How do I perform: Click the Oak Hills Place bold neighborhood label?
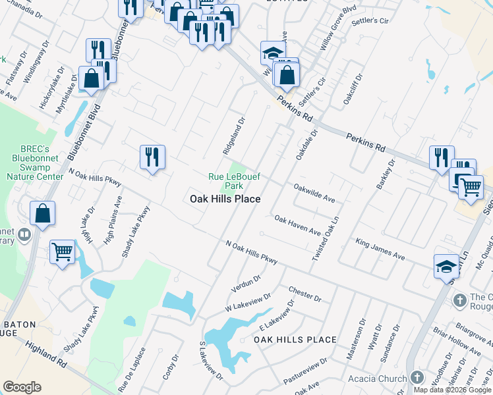pyautogui.click(x=225, y=199)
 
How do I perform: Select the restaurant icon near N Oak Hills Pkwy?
pyautogui.click(x=152, y=157)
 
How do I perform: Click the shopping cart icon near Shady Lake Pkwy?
pyautogui.click(x=63, y=251)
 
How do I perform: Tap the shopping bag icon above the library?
pyautogui.click(x=42, y=213)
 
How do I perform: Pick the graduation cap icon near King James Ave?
pyautogui.click(x=446, y=266)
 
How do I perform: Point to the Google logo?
pyautogui.click(x=22, y=387)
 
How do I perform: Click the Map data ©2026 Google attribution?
pyautogui.click(x=452, y=390)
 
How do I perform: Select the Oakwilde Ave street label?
pyautogui.click(x=314, y=193)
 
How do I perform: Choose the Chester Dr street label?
pyautogui.click(x=304, y=294)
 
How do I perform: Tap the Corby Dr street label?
pyautogui.click(x=170, y=368)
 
